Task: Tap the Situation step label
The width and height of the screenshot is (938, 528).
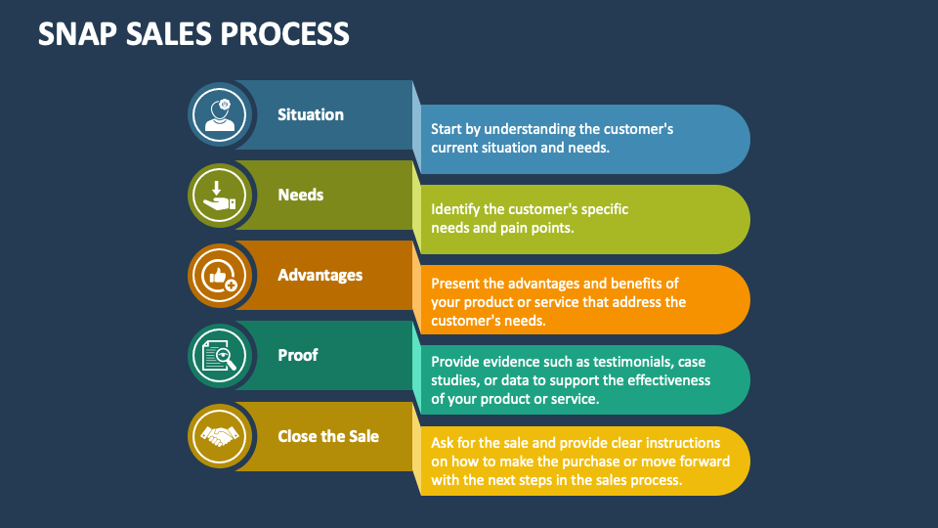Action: [311, 114]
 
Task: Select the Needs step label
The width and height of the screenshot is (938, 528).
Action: [300, 195]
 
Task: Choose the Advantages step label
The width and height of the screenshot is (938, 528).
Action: [320, 275]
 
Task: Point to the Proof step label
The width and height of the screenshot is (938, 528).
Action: [297, 355]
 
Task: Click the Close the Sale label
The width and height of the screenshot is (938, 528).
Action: [328, 435]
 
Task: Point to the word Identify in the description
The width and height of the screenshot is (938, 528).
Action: [459, 209]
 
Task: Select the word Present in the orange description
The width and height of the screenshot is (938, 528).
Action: [457, 283]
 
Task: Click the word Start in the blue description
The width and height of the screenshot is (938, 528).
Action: [449, 129]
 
